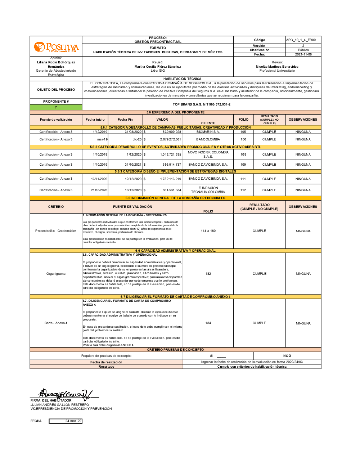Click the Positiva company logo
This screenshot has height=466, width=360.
point(56,47)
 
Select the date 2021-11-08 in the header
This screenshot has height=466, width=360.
point(303,54)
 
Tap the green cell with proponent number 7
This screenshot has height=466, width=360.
point(56,107)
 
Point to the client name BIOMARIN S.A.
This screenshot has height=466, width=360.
point(208,132)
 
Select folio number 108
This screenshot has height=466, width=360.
point(243,154)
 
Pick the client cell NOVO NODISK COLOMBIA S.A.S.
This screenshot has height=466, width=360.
point(208,154)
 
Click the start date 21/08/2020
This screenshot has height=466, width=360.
point(99,190)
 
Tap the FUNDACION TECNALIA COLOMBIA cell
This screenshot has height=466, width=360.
point(208,190)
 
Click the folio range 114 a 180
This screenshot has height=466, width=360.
point(208,231)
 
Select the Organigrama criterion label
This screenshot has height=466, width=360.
point(56,274)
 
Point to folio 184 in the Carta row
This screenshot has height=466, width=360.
point(208,323)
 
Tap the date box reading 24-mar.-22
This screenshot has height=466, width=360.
point(66,421)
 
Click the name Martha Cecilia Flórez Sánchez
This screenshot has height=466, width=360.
point(158,67)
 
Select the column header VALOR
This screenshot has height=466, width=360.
point(162,120)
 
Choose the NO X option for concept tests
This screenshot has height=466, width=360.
point(287,356)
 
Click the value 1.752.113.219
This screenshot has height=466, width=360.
point(171,179)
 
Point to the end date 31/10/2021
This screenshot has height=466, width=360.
point(133,165)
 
